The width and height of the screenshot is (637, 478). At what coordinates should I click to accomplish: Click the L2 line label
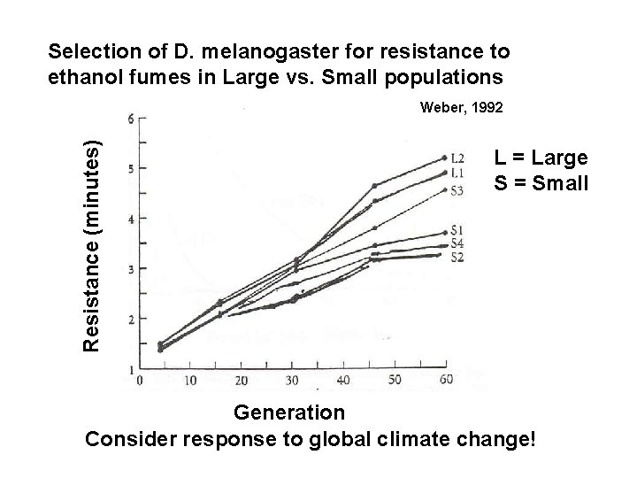point(458,158)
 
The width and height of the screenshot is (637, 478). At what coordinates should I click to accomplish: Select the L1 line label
point(458,172)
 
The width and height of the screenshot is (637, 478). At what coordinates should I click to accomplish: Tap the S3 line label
point(458,189)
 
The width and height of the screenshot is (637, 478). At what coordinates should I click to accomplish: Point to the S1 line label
point(458,231)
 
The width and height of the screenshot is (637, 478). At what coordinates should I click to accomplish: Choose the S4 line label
point(458,243)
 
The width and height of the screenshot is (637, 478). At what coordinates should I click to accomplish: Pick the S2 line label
point(458,257)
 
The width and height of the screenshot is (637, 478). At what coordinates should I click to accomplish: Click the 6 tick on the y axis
point(131,119)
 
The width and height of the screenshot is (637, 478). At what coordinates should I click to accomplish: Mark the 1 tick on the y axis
point(131,368)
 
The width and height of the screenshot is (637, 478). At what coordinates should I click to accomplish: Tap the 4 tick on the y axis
point(131,219)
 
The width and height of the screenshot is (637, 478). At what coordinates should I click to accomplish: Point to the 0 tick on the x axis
point(139,381)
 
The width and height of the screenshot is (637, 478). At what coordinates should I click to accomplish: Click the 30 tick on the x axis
point(292,381)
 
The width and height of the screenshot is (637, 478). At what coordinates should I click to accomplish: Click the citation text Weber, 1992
point(462,107)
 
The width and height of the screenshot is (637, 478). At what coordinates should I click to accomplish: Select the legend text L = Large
point(541,158)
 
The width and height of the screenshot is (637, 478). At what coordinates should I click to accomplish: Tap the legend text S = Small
point(541,185)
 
